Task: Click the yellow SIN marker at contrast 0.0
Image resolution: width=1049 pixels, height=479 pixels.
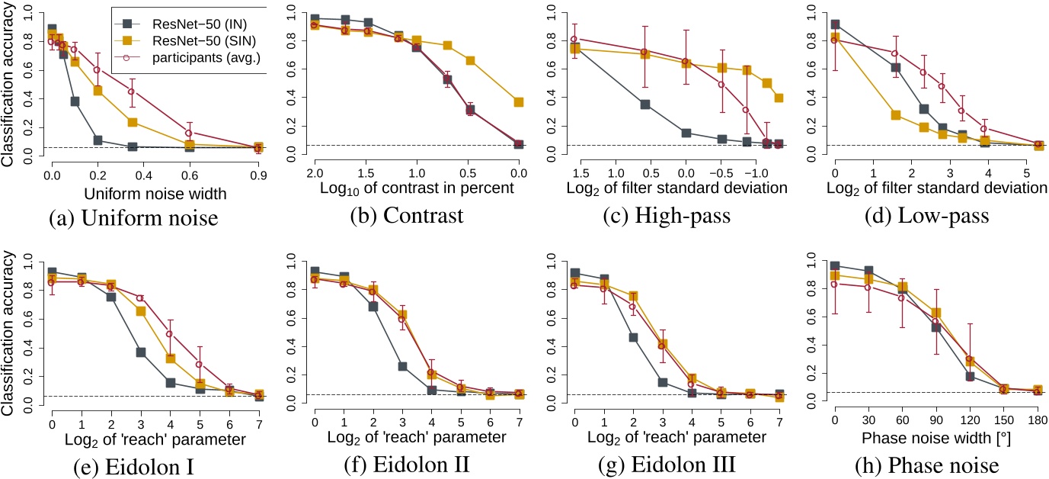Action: coord(518,102)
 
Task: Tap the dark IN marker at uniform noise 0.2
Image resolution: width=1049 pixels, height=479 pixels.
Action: coord(98,140)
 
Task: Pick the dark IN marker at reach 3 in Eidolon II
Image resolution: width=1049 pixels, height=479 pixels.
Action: coord(401,366)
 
